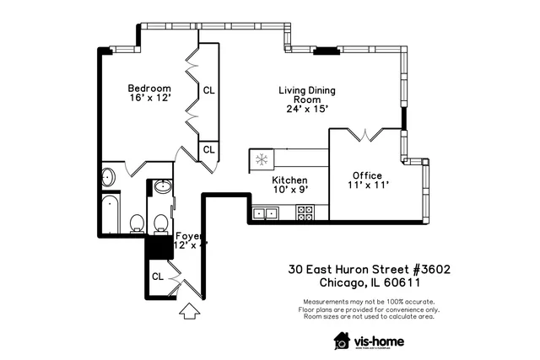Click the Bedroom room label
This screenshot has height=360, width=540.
pyautogui.click(x=149, y=89)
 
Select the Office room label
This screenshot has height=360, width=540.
pyautogui.click(x=367, y=175)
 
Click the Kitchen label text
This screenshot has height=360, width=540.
pyautogui.click(x=289, y=180)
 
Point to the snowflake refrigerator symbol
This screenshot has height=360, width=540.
pyautogui.click(x=262, y=159)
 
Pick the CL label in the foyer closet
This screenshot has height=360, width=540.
pyautogui.click(x=158, y=276)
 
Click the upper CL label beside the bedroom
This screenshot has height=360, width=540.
pyautogui.click(x=208, y=89)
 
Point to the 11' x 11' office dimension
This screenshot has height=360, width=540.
pyautogui.click(x=367, y=185)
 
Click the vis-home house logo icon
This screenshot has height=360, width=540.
pyautogui.click(x=342, y=340)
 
